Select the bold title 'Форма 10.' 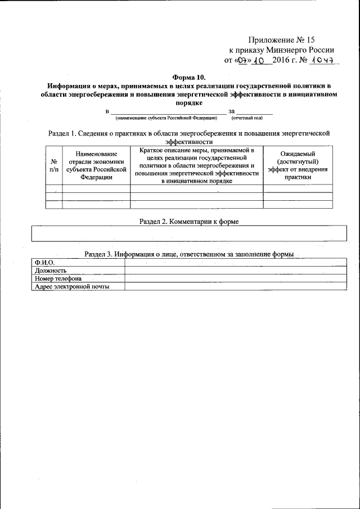pos(188,76)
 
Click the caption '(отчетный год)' pos(247,118)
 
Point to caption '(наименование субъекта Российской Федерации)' pos(166,118)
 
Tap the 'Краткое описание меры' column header pos(196,165)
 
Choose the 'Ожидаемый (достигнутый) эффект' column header pos(298,165)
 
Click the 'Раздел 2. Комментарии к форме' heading pos(189,222)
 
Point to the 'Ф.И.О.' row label pos(44,263)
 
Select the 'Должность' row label pos(51,271)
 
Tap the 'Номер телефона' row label pos(58,278)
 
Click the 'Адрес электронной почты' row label pos(71,286)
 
